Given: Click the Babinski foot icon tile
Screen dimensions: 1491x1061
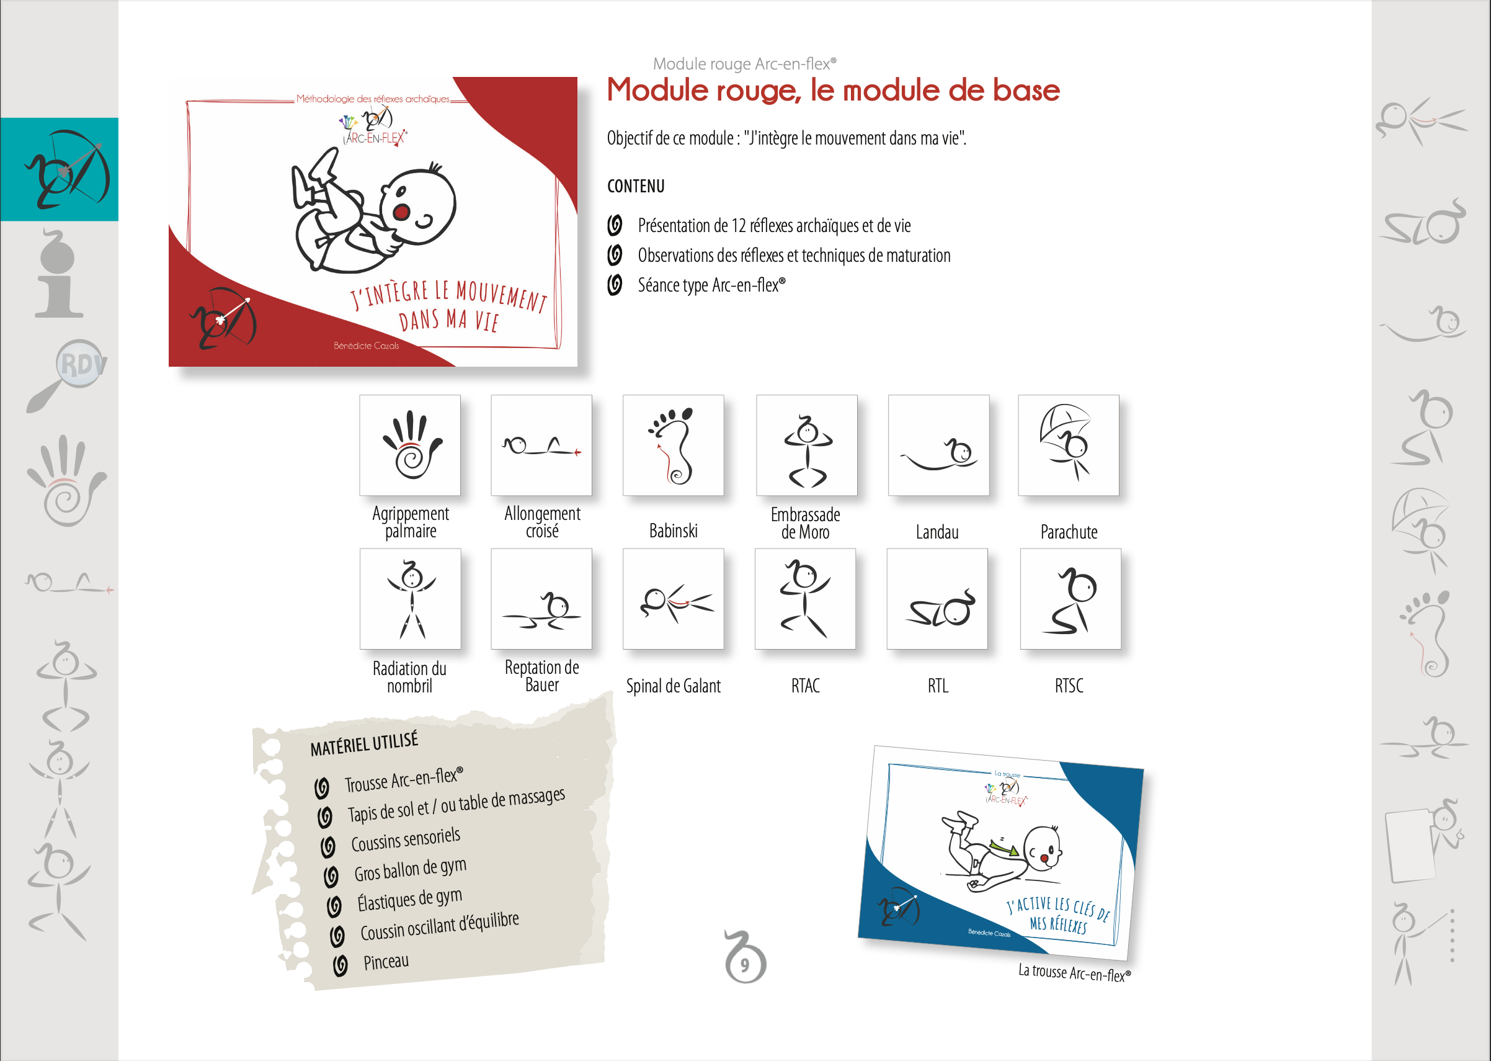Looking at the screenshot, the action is click(x=673, y=445).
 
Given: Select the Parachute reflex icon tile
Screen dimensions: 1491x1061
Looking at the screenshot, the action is click(x=1069, y=445).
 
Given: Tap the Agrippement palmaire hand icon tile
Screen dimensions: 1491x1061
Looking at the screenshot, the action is click(x=409, y=445).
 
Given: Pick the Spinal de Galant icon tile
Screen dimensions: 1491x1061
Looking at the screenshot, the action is click(x=673, y=599).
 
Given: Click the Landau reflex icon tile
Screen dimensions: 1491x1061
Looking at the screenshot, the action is click(x=938, y=445).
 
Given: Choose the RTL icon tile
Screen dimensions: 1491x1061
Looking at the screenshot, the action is click(x=937, y=599).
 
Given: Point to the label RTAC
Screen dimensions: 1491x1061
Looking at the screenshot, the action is click(x=805, y=686).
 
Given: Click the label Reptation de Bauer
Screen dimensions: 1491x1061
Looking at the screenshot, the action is click(x=541, y=676).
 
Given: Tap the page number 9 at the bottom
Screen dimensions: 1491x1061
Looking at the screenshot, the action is click(x=744, y=964).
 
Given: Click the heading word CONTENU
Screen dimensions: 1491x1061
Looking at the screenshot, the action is click(x=636, y=186).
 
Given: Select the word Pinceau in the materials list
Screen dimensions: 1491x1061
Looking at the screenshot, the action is click(x=386, y=962).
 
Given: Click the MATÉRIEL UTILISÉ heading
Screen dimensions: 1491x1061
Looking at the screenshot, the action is click(x=364, y=744).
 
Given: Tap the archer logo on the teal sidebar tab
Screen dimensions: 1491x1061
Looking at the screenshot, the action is click(x=67, y=169).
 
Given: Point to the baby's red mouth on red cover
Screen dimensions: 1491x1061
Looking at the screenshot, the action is click(x=401, y=212).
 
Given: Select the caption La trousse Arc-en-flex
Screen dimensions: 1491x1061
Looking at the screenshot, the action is click(x=1074, y=973).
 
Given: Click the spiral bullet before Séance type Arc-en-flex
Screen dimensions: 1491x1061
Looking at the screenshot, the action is click(x=615, y=285).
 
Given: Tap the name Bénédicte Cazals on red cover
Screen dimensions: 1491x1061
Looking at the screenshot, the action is click(x=366, y=346).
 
